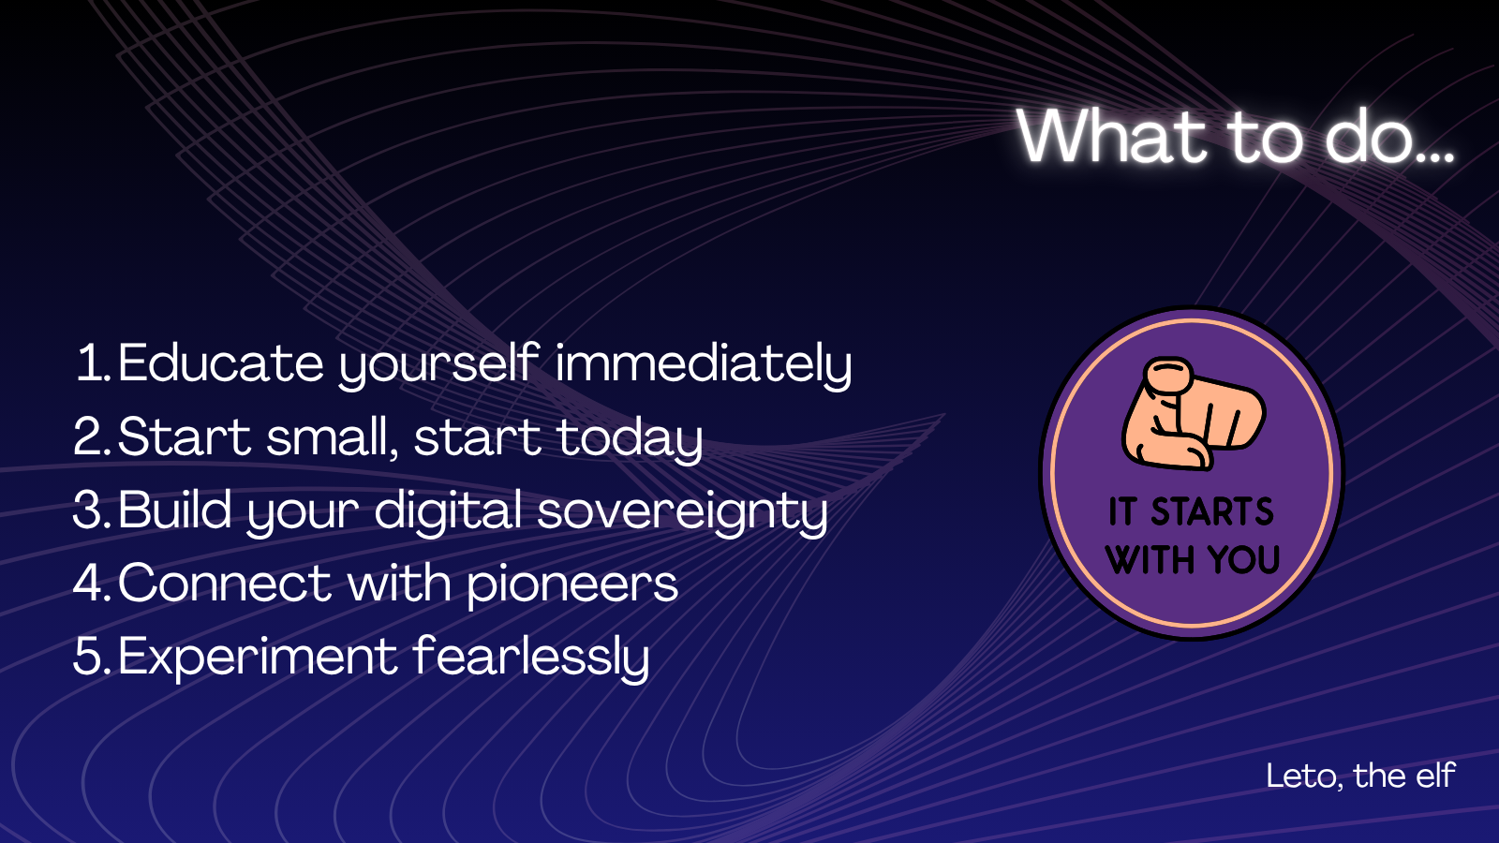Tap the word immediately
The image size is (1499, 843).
(x=704, y=365)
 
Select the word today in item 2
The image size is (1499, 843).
(x=630, y=439)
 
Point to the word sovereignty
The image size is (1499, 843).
(x=682, y=512)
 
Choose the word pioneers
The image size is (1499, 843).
(x=572, y=585)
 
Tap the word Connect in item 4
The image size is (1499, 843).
(x=224, y=584)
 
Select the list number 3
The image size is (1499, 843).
(x=90, y=510)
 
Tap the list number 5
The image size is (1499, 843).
(x=90, y=657)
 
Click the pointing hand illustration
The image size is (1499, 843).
(x=1194, y=413)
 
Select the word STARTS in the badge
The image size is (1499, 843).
(x=1212, y=511)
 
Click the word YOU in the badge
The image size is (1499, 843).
(x=1244, y=559)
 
